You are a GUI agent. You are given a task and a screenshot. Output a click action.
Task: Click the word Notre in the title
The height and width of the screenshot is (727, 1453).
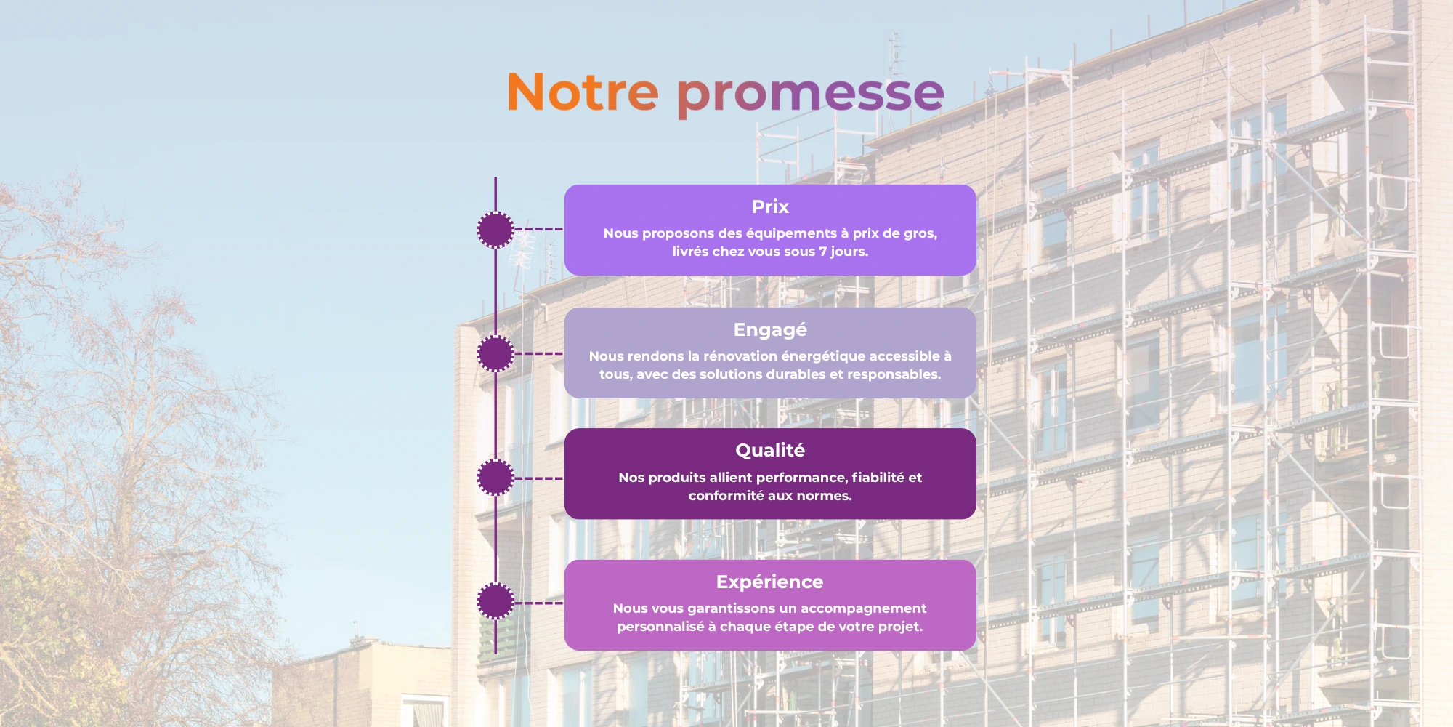583,92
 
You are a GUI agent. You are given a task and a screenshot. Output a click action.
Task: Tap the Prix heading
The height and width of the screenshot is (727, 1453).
770,206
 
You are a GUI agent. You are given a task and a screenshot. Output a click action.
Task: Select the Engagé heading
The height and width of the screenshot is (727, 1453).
770,330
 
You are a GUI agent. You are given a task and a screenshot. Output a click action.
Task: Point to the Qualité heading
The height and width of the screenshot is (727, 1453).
770,451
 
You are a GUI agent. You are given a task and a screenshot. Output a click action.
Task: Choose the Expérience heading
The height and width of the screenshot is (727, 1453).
770,582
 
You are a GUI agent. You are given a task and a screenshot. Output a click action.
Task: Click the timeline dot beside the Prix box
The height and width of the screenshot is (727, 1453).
495,230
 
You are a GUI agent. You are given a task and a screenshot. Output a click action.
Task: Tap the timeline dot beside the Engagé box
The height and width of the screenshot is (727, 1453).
495,354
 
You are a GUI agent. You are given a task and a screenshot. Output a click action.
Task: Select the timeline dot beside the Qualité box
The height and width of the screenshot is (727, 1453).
495,478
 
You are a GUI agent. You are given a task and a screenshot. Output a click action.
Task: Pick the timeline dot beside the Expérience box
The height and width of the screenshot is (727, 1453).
495,602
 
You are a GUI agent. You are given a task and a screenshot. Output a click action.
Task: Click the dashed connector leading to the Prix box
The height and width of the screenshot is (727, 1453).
539,229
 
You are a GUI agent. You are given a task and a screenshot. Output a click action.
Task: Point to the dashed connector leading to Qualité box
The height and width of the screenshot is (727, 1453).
539,478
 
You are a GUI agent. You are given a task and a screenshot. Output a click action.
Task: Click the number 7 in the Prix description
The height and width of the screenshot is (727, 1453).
823,252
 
